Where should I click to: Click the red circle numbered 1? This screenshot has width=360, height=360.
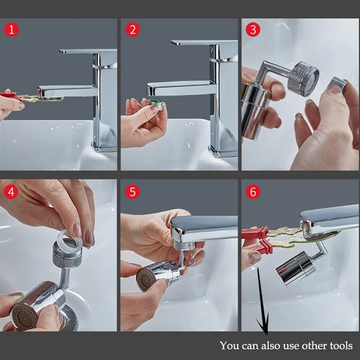pos(11,29)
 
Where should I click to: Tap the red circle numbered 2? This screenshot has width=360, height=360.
pos(133,29)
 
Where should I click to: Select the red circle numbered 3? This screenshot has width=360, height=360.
pos(253,29)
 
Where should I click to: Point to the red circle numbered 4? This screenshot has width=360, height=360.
pos(11,192)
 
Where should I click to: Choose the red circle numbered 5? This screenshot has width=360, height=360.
pos(132,192)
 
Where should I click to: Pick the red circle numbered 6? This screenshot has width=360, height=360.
pos(253,192)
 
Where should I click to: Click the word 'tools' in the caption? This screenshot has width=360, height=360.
pos(341,346)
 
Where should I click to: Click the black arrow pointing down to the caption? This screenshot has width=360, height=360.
pos(263,301)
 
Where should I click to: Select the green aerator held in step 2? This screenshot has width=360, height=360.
pos(156,104)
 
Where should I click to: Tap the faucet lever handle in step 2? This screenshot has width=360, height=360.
pos(205,43)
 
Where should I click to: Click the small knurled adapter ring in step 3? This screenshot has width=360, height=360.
pos(337,83)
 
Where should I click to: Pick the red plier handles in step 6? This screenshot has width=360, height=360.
pos(258,240)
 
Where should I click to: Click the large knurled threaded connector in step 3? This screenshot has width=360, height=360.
pos(304,79)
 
